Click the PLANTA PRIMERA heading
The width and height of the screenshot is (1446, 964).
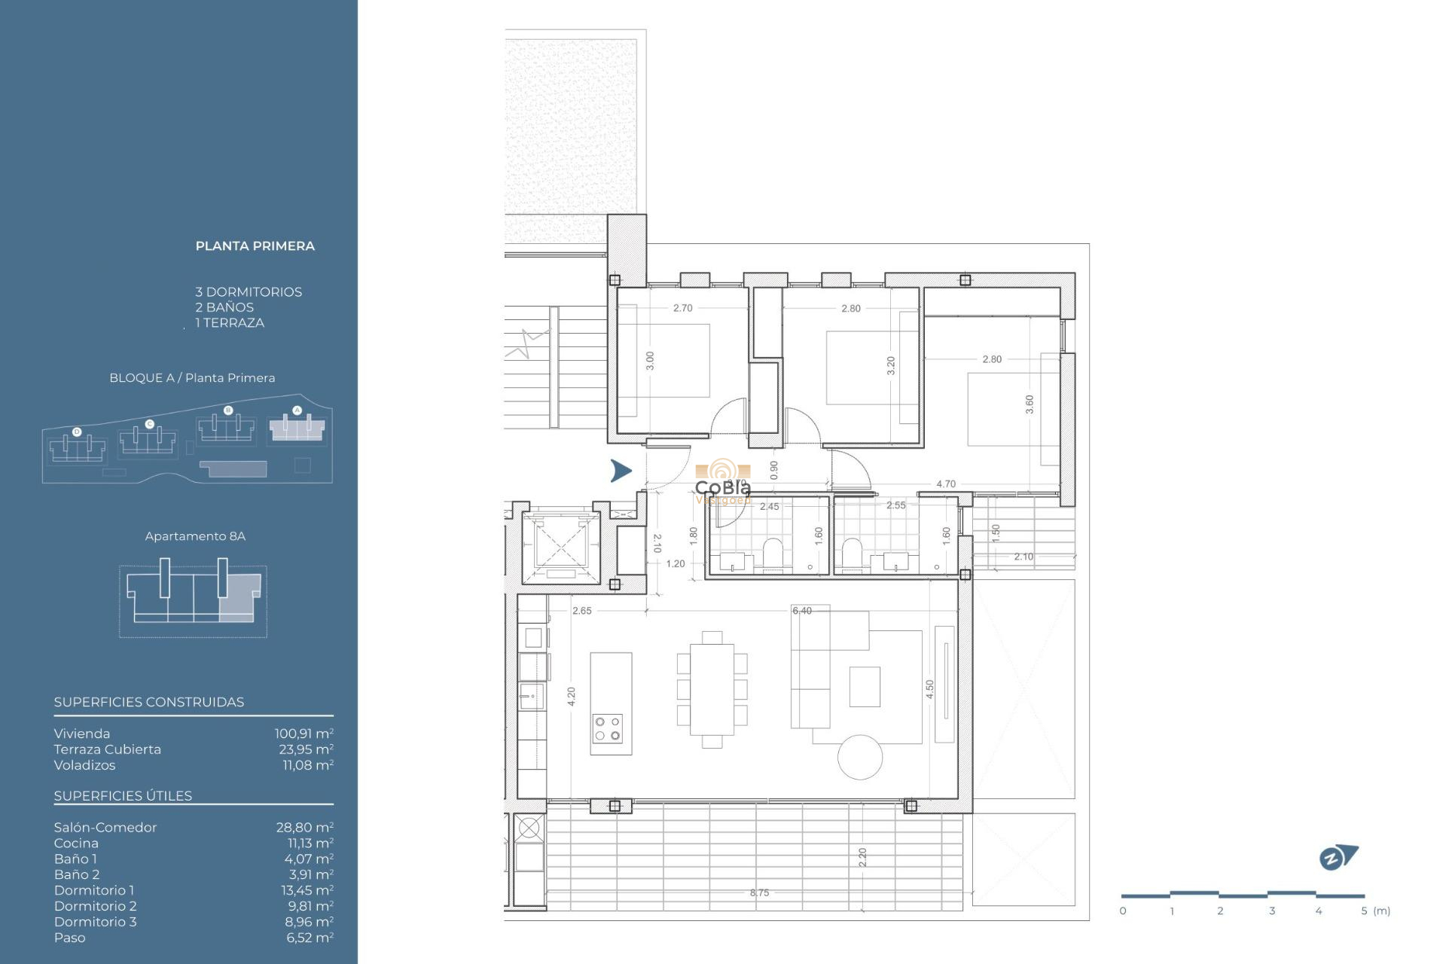[255, 246]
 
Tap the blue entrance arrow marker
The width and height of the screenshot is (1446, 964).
[621, 471]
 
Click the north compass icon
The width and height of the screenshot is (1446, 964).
[1338, 857]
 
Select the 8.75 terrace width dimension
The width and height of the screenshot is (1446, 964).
[759, 892]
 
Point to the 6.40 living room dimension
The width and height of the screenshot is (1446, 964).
[802, 611]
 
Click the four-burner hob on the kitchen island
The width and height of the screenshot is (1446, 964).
[608, 728]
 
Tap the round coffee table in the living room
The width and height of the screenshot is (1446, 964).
[860, 756]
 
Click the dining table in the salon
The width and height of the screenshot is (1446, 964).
[712, 688]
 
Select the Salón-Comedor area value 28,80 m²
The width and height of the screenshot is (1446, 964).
[304, 827]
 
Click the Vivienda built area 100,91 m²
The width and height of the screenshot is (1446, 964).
[304, 734]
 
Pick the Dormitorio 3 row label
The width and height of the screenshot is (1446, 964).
[95, 922]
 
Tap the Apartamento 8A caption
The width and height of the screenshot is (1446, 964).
[195, 536]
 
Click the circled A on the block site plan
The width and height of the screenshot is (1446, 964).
[297, 410]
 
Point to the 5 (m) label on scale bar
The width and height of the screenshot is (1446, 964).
[1375, 911]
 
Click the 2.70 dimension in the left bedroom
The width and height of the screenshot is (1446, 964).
[683, 308]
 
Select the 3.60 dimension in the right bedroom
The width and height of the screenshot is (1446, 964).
[1030, 404]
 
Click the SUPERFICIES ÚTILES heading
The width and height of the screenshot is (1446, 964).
[123, 796]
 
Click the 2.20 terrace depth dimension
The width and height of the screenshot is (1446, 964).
[863, 857]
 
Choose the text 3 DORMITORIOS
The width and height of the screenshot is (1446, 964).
[249, 292]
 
